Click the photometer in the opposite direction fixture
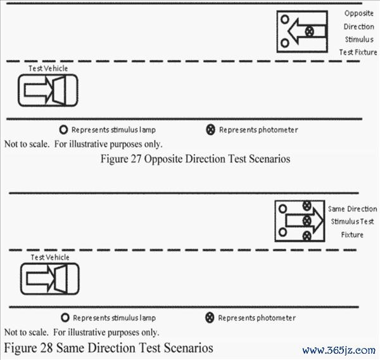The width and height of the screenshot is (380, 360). tap(309, 32)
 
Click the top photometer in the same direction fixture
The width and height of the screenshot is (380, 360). tap(307, 206)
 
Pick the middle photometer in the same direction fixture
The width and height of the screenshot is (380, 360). tap(307, 221)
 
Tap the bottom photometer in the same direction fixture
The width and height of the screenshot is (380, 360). tap(307, 236)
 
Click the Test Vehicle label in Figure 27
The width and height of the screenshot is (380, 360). tap(48, 68)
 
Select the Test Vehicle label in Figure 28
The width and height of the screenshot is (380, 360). tap(50, 257)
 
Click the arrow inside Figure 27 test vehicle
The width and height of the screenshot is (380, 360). tap(38, 90)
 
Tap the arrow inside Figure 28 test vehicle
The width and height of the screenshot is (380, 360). tap(41, 279)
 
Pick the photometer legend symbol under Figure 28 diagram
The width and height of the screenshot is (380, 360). tap(210, 318)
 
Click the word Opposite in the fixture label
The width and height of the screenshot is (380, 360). tap(359, 13)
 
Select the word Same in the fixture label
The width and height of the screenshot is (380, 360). tap(336, 209)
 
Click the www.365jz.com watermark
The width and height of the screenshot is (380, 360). tap(339, 350)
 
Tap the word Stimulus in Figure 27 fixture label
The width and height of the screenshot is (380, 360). tap(359, 39)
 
